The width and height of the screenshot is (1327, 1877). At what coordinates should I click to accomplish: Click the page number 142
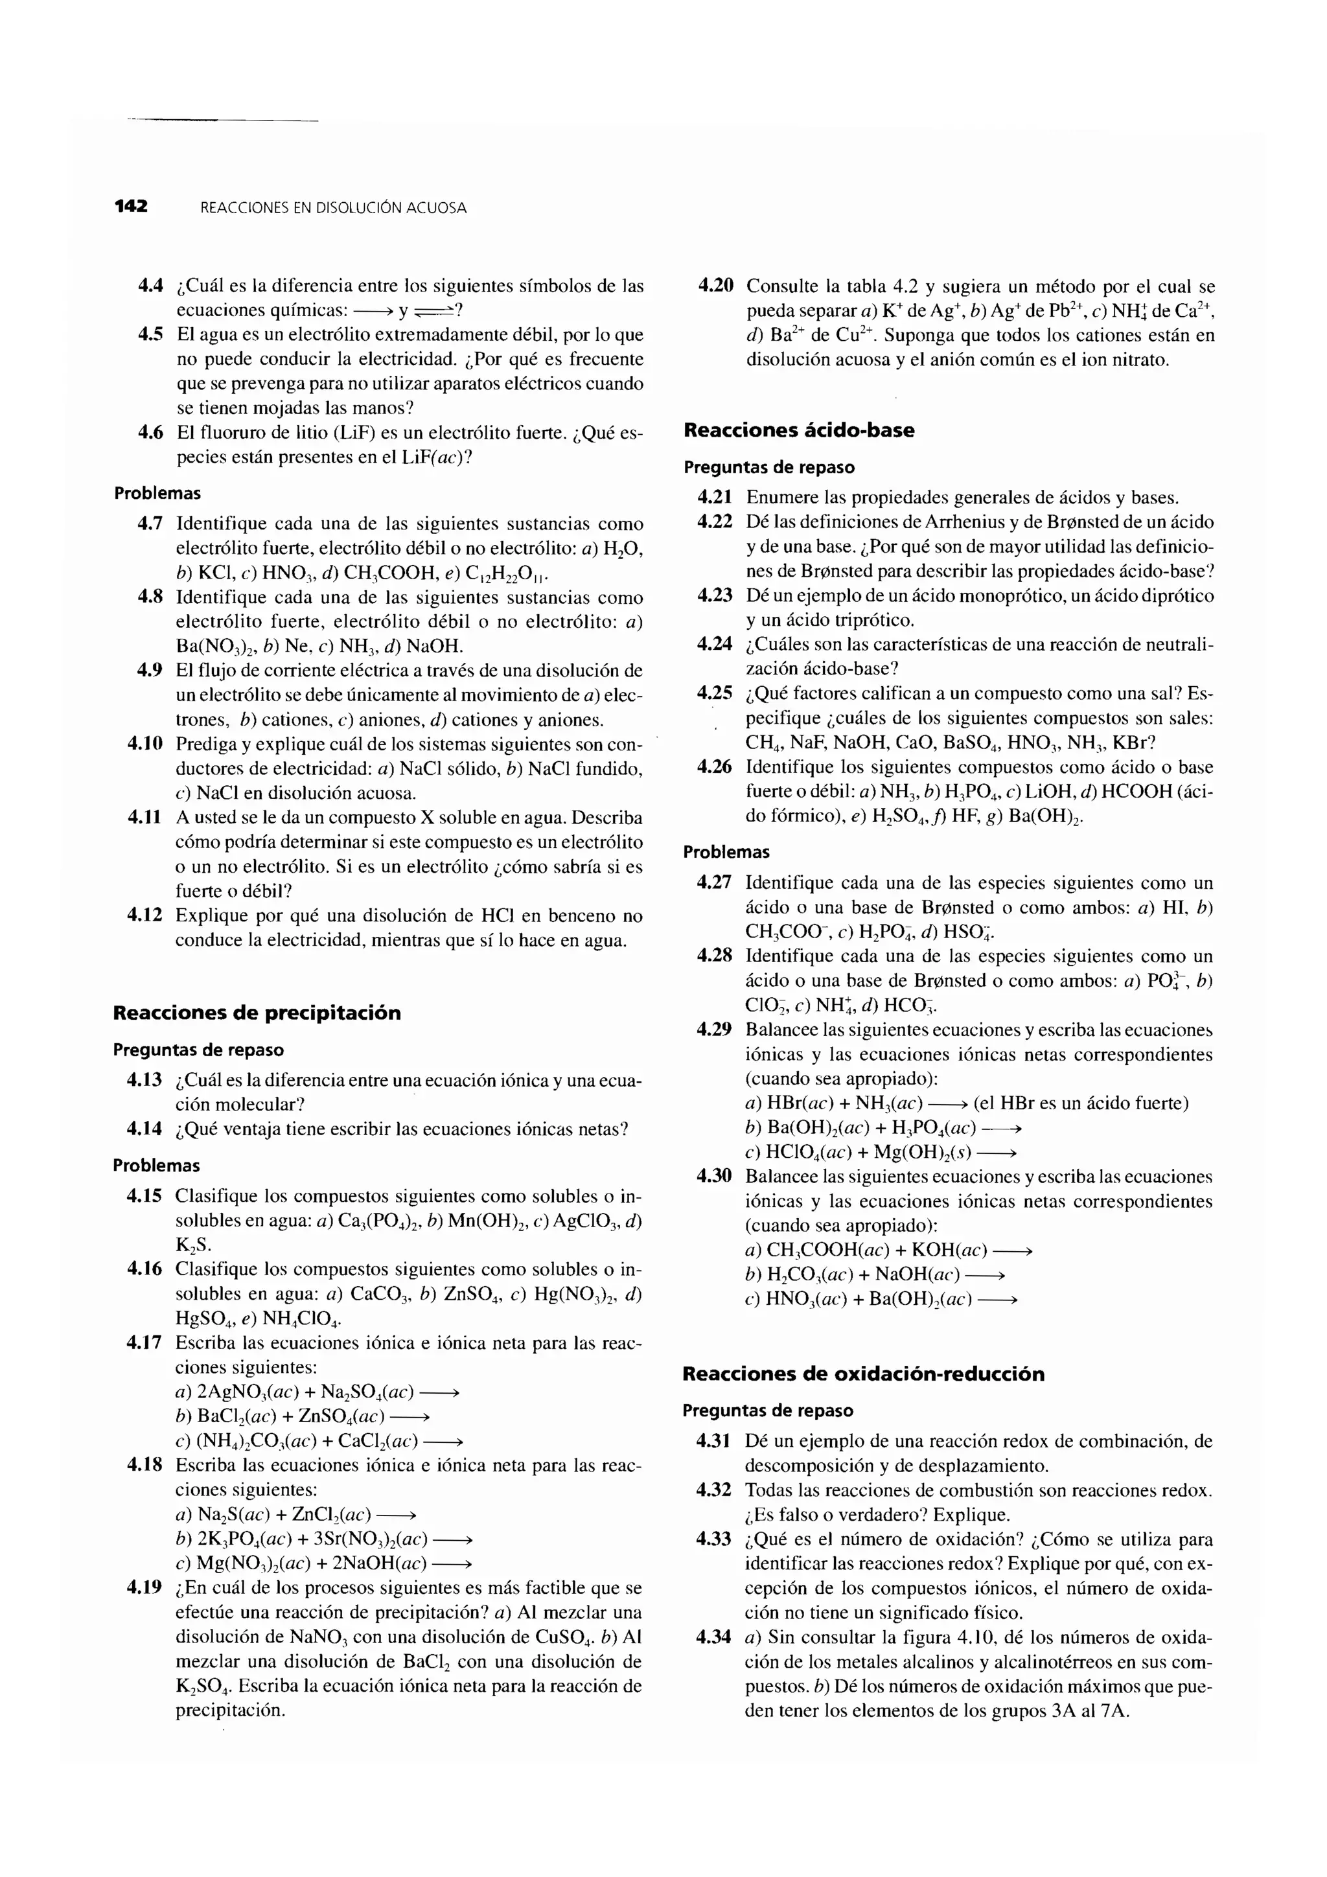point(131,206)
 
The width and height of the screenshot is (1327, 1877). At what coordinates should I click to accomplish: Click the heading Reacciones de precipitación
point(256,1013)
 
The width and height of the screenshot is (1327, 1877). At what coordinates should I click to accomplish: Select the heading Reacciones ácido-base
point(798,430)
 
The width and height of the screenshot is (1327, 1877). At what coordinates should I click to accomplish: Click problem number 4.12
point(144,915)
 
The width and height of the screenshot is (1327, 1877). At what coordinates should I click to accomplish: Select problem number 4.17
point(144,1342)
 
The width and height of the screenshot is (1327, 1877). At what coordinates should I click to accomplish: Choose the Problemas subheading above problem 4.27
point(726,852)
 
